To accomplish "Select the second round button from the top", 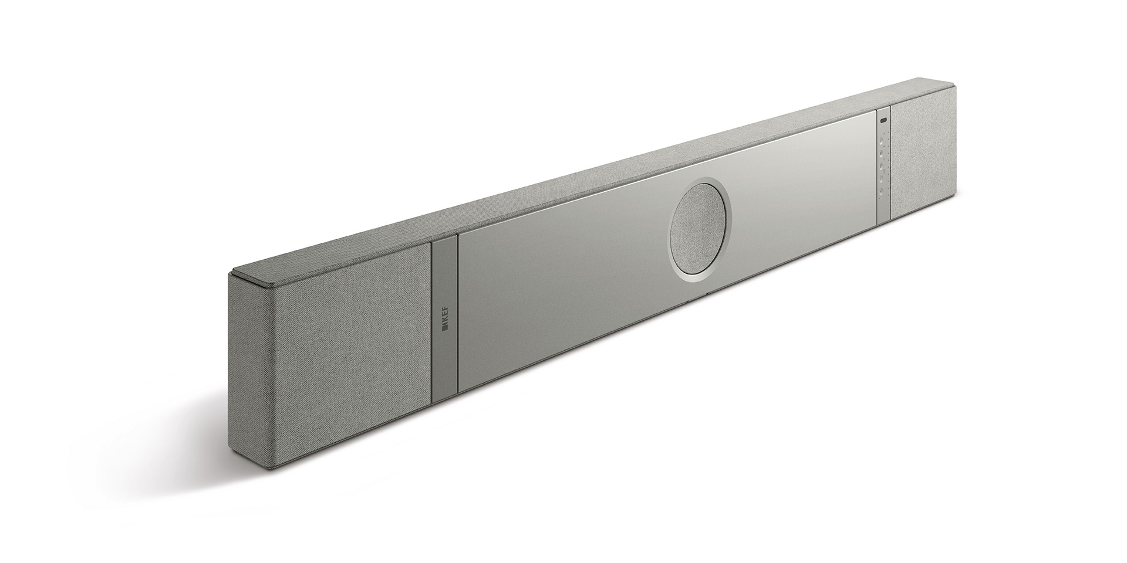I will click(882, 153).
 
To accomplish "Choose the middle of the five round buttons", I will click(882, 165).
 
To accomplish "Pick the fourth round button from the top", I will click(882, 178).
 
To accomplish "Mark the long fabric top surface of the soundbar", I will click(587, 176).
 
